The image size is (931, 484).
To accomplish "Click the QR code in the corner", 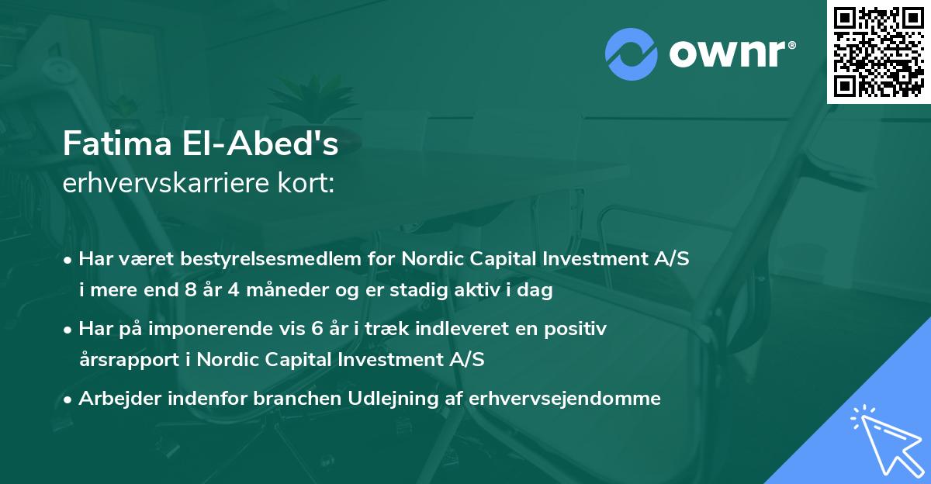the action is (x=878, y=52).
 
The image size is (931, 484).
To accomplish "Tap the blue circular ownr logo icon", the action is (x=631, y=54).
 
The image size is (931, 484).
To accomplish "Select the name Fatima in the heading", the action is (x=117, y=143).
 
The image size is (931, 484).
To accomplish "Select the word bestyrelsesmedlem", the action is (x=271, y=258).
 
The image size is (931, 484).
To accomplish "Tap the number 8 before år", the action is (x=191, y=289).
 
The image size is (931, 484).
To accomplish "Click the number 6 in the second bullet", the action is (x=317, y=329).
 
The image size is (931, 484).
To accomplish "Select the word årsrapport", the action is (x=130, y=360).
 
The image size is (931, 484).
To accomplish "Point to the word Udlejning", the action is (x=393, y=398).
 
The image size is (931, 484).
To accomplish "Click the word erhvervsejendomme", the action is (x=565, y=398).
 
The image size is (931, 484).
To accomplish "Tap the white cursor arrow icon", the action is (x=888, y=441).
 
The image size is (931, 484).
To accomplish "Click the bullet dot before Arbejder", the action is (x=67, y=400).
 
